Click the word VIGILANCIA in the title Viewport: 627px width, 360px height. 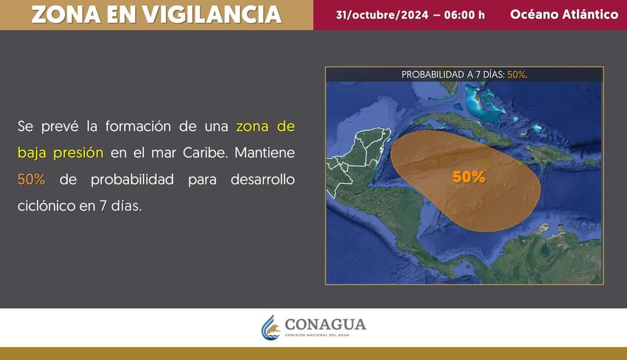(212, 15)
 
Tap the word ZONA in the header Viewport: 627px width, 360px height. (66, 15)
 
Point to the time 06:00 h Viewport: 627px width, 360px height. (464, 15)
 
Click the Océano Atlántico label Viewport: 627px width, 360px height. (564, 15)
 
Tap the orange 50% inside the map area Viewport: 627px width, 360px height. (469, 177)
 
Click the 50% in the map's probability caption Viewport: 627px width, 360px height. (517, 74)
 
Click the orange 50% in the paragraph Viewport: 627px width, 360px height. (31, 179)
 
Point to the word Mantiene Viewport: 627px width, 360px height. (265, 152)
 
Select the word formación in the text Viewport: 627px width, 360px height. (138, 126)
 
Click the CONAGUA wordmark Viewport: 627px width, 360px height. (326, 325)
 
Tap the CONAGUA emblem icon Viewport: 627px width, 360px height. (271, 328)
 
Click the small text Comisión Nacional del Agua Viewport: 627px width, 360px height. (317, 335)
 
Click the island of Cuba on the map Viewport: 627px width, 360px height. (460, 127)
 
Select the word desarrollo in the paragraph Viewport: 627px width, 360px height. (263, 179)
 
